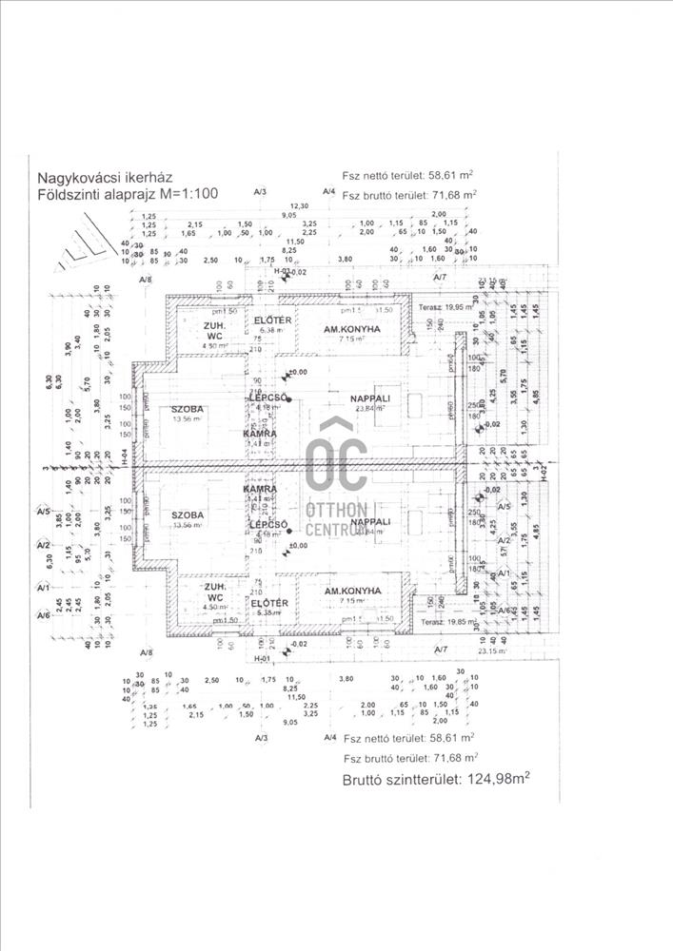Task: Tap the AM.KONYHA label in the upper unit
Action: click(352, 329)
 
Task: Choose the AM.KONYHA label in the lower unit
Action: click(352, 591)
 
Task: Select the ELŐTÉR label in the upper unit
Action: click(270, 320)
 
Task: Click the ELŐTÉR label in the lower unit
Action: click(270, 603)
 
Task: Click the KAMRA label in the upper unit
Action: click(262, 433)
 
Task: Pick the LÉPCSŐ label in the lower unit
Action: click(264, 524)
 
